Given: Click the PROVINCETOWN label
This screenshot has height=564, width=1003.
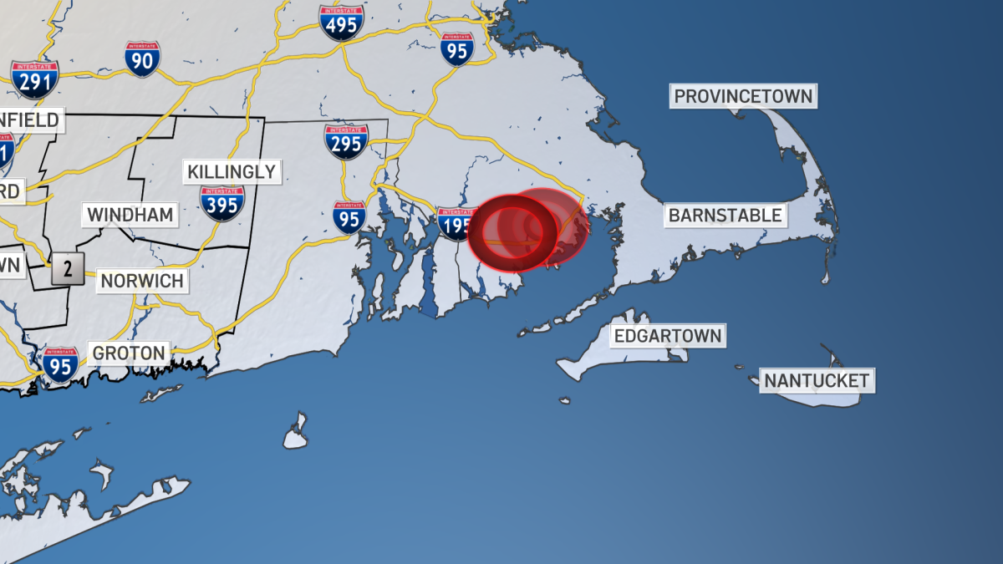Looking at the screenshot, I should (743, 96).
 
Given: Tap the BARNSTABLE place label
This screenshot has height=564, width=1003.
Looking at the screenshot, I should (725, 216).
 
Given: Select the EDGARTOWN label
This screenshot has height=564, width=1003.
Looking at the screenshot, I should (668, 337).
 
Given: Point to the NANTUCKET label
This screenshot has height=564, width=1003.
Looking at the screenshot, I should (817, 381).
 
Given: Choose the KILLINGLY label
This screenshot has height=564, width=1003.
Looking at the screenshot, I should (231, 172).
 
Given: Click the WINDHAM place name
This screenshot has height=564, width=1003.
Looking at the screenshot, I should (130, 215).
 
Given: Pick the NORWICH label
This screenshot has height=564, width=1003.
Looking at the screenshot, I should (141, 281).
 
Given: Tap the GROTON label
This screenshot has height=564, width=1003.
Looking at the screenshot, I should (130, 353).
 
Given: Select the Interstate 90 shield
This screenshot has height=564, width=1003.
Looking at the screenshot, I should (143, 59).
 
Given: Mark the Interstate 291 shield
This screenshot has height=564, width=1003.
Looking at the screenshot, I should (34, 79).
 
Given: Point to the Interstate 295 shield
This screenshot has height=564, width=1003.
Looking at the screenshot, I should (346, 141).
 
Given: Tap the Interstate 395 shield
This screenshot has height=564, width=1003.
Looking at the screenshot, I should (221, 203).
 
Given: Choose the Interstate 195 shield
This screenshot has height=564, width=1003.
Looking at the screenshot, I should (456, 224).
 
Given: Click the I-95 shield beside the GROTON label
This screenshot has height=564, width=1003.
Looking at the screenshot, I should (60, 365).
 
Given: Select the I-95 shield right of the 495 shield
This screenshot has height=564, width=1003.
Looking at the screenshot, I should (457, 49).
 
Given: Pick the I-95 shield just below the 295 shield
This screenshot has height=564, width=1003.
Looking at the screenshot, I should (349, 216).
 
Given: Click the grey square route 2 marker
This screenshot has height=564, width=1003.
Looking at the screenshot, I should (67, 269).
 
